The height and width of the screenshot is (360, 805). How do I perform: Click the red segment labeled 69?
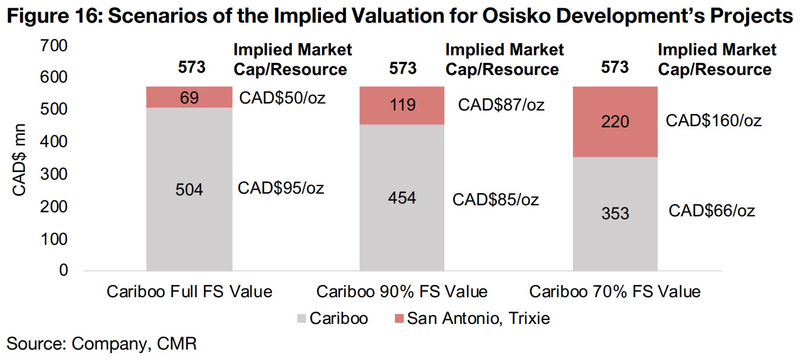coord(188,97)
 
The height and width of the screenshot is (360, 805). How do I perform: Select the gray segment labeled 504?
coord(188,189)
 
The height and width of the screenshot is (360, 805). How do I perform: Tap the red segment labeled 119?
coord(403,105)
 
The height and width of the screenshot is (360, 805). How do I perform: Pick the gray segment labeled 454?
coord(403,198)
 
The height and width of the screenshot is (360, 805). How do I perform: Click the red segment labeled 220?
coord(615,122)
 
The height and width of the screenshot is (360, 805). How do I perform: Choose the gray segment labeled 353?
coord(615,213)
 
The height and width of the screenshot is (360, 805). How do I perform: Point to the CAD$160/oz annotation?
coord(714,121)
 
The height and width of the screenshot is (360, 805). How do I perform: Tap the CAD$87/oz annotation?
coord(501,105)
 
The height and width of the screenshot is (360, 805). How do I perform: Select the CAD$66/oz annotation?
coord(712,211)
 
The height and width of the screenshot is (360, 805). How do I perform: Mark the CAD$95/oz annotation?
coord(281,188)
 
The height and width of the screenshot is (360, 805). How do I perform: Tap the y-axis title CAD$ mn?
coord(20,159)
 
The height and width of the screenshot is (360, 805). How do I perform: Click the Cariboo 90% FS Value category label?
coord(402,291)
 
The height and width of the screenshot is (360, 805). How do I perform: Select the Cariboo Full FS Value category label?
coord(189,291)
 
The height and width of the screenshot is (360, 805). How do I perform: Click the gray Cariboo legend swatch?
coord(301,319)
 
